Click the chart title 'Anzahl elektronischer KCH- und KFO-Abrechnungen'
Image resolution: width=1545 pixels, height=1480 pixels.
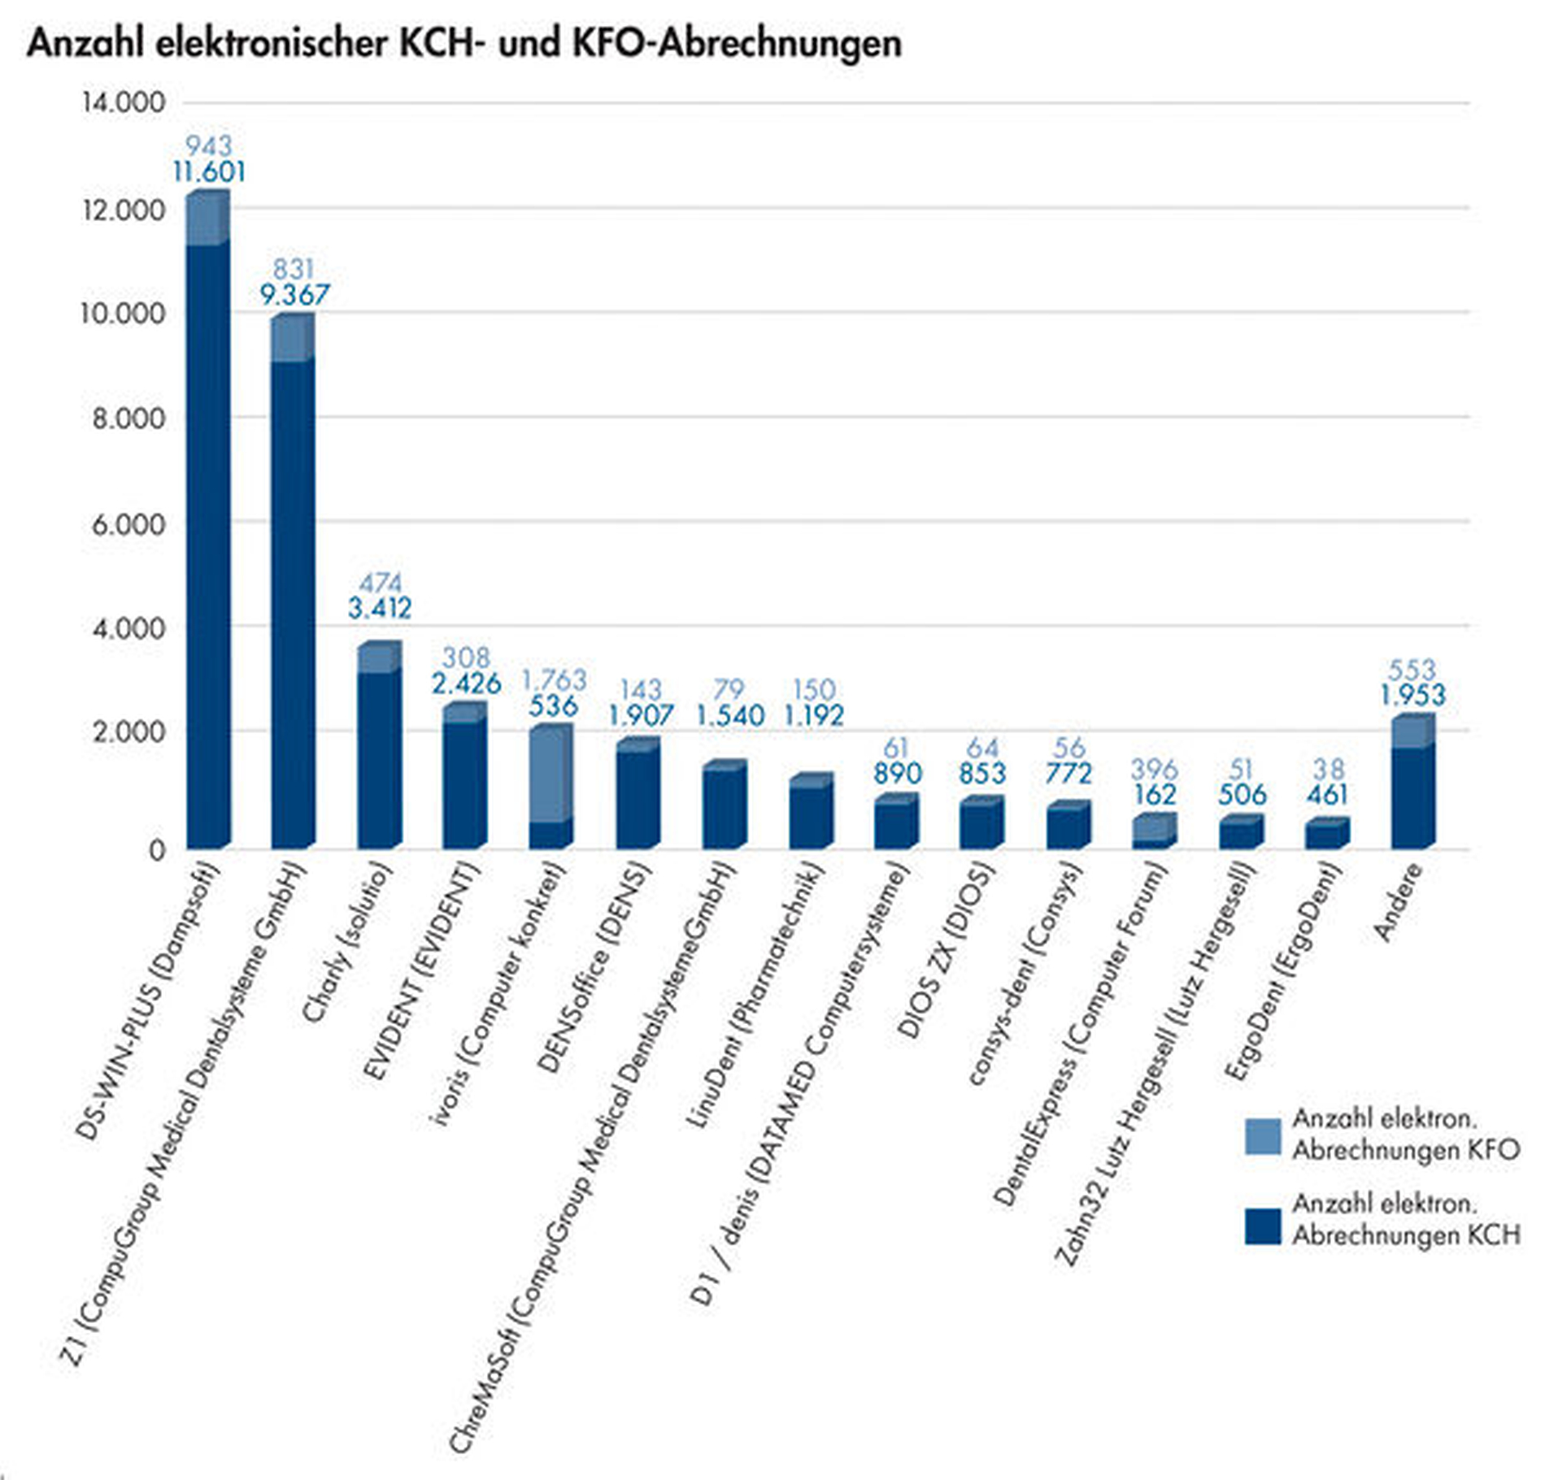[464, 42]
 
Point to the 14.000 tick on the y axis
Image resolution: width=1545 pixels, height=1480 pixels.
[123, 103]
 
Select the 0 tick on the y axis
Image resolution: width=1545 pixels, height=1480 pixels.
[157, 850]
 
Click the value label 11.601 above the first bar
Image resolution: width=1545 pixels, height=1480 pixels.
[209, 172]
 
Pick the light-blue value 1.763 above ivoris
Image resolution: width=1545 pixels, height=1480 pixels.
[554, 679]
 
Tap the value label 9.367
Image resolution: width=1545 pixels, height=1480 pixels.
[294, 294]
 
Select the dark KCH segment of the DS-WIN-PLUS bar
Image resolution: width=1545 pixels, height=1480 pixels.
[207, 545]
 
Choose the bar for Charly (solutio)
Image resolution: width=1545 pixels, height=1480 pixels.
[378, 748]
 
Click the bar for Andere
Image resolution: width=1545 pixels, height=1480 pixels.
[1412, 784]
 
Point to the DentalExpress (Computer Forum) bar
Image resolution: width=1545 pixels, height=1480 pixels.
[1154, 831]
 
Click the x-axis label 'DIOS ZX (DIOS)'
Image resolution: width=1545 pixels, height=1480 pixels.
[947, 950]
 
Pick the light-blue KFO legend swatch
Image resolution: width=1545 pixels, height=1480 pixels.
[1262, 1135]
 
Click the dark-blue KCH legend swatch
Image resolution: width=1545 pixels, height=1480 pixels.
[1262, 1226]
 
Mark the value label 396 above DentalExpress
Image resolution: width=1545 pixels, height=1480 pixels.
[1154, 769]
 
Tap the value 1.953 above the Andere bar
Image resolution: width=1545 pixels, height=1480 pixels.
[1412, 696]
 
